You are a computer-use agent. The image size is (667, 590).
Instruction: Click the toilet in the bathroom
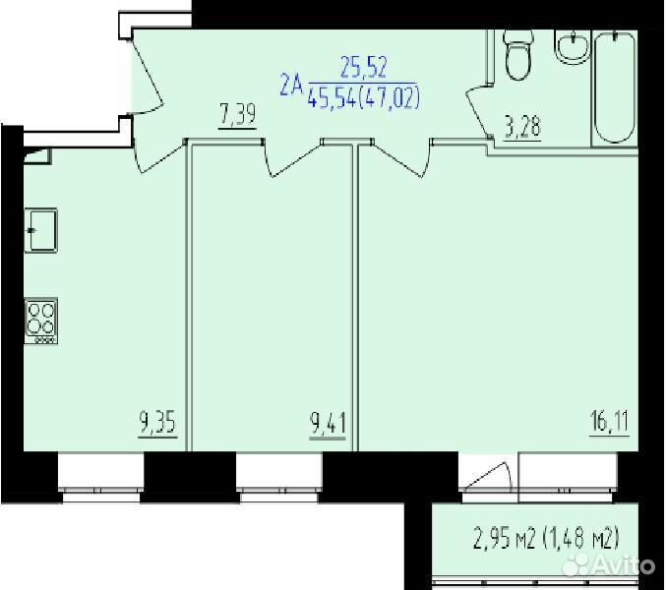517,55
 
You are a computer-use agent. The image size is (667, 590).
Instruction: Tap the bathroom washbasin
572,47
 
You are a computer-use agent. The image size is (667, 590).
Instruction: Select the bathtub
615,88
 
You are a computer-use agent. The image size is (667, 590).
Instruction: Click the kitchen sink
41,230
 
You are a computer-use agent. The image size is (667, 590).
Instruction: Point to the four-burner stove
41,321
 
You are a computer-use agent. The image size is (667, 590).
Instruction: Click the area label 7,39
238,116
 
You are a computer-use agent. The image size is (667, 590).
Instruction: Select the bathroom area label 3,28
522,128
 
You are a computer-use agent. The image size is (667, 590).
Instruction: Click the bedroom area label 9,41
328,424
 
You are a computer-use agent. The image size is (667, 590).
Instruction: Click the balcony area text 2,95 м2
504,538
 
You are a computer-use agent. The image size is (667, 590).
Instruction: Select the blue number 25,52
364,68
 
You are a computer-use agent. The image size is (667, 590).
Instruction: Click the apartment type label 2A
291,85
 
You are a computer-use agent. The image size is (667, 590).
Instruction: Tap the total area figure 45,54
331,97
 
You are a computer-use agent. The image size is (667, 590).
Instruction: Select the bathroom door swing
480,110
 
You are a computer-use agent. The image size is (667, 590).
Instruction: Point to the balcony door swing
488,477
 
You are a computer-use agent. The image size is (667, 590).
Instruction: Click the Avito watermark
609,565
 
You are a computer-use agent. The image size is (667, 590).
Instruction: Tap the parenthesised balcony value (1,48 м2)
580,538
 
